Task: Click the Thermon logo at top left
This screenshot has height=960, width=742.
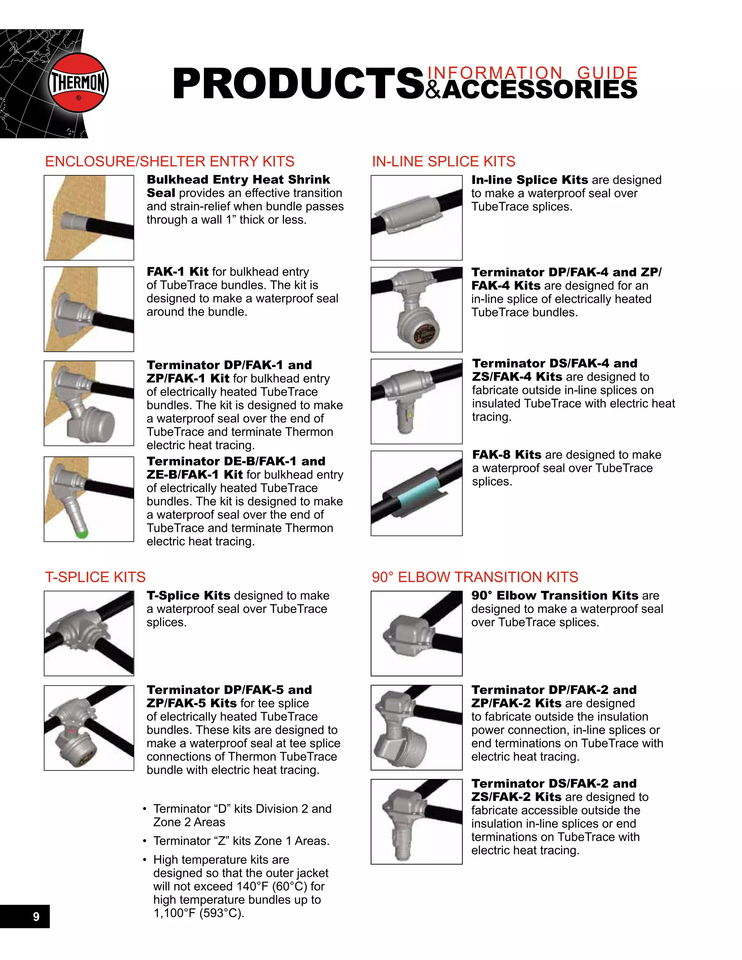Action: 78,83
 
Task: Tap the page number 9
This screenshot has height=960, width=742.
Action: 36,917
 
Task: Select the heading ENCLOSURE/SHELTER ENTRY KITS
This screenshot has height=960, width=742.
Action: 170,161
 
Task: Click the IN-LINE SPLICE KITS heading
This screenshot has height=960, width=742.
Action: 443,161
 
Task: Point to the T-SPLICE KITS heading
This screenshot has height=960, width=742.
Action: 95,577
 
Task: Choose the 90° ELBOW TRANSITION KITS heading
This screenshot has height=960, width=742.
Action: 475,577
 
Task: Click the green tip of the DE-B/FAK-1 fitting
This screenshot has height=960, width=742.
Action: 82,534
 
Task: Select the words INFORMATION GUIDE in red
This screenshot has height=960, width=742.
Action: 532,72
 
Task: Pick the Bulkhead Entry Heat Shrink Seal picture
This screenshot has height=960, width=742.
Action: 89,218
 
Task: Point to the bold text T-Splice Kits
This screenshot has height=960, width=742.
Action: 188,595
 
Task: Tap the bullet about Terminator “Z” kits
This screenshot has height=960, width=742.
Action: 241,840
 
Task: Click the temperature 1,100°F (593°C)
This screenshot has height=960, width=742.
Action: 199,913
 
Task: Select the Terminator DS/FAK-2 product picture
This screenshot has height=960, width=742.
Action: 416,822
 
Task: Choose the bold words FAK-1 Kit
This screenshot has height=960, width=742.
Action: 177,272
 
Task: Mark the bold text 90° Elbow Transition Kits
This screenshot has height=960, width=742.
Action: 554,595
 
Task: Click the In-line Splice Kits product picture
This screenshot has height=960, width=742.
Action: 416,218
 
